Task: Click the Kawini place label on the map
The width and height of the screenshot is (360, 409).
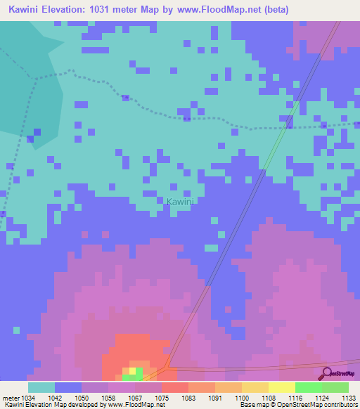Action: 180,202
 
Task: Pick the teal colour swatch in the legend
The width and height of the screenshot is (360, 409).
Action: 41,387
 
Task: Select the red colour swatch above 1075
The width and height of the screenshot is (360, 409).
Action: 174,387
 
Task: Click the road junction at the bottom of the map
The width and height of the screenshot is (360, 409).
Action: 167,366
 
